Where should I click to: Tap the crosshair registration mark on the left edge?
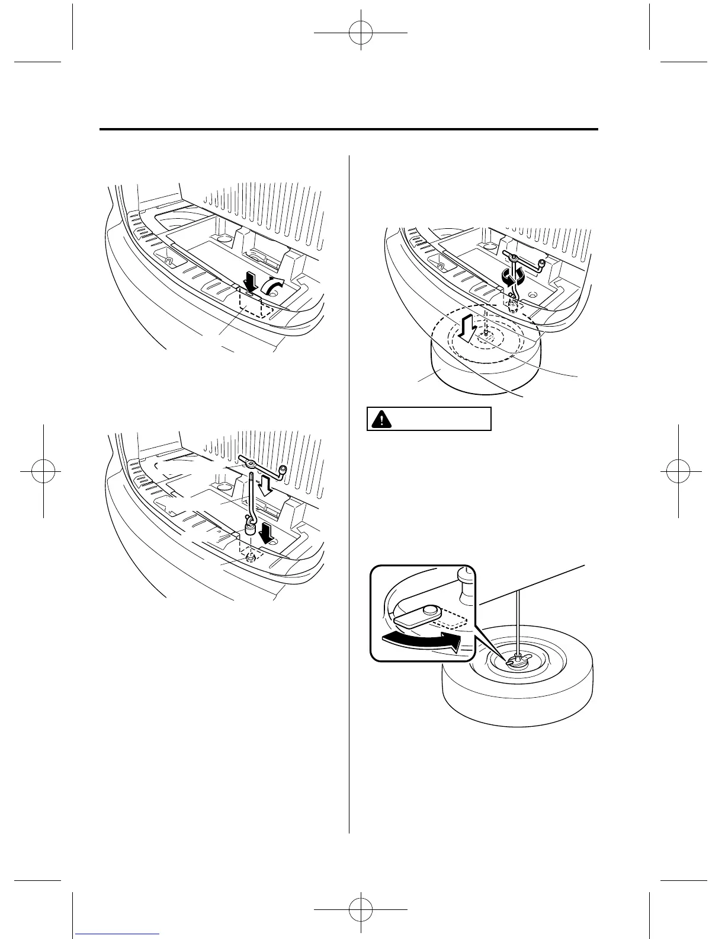point(43,469)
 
